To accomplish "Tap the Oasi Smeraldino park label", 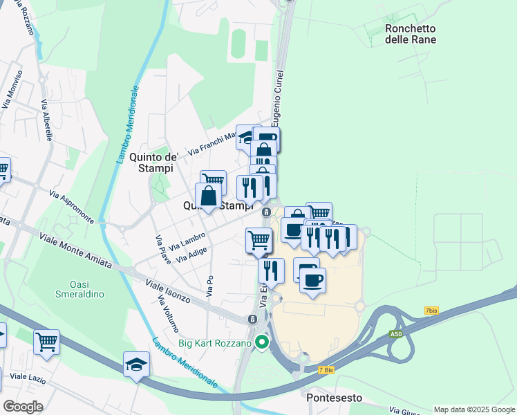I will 79,288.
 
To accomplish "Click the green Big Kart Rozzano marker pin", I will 261,342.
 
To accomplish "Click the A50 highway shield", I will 395,334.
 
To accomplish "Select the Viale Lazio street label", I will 27,377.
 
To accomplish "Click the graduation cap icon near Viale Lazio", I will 136,364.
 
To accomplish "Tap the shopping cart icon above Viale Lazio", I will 46,342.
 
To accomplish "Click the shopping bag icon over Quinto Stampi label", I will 208,196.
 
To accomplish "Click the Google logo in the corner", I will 22,407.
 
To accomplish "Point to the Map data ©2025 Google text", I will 474,409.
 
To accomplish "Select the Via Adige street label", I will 192,255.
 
